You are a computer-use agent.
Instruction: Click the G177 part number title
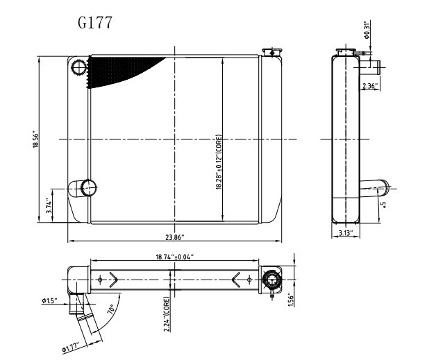(x=95, y=22)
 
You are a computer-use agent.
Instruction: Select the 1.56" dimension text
(x=291, y=298)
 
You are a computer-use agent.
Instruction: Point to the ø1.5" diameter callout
(x=51, y=300)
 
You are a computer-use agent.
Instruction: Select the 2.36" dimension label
(x=369, y=86)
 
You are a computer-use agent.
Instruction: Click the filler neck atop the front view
(x=271, y=52)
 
